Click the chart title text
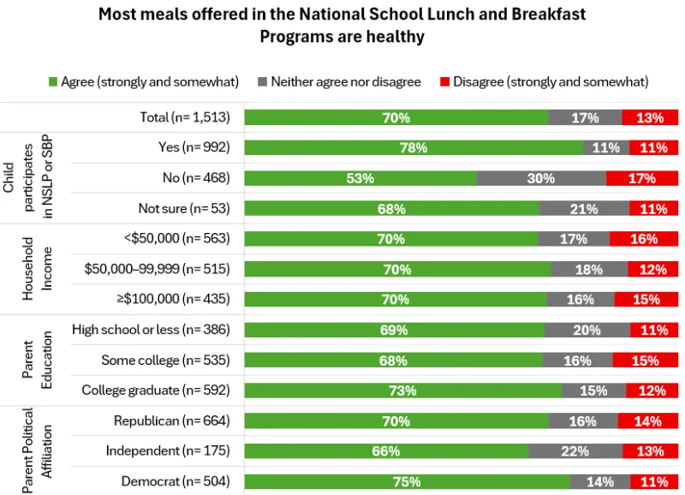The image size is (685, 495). click(x=342, y=25)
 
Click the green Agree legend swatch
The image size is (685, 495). click(x=53, y=82)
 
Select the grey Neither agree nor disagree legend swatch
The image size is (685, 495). click(x=262, y=82)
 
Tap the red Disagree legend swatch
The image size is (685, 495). click(x=444, y=82)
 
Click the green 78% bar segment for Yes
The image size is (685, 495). click(x=414, y=147)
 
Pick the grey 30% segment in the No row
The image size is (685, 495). click(x=541, y=178)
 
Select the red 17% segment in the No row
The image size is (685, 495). click(x=641, y=178)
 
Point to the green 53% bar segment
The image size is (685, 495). click(x=360, y=178)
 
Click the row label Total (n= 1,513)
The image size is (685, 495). click(x=185, y=117)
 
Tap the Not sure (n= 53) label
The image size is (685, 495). click(x=184, y=208)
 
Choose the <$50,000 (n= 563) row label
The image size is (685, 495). click(x=177, y=238)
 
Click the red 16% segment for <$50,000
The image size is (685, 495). click(x=643, y=239)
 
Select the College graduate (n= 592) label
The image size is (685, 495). click(x=156, y=391)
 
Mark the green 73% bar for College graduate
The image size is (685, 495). click(x=402, y=391)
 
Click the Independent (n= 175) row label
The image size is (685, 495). click(x=168, y=450)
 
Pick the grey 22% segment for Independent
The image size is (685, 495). click(x=575, y=451)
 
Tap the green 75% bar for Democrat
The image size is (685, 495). click(x=407, y=481)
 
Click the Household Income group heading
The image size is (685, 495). click(x=38, y=269)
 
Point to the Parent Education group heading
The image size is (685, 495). click(x=38, y=360)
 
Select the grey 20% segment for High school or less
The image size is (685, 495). click(x=587, y=330)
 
